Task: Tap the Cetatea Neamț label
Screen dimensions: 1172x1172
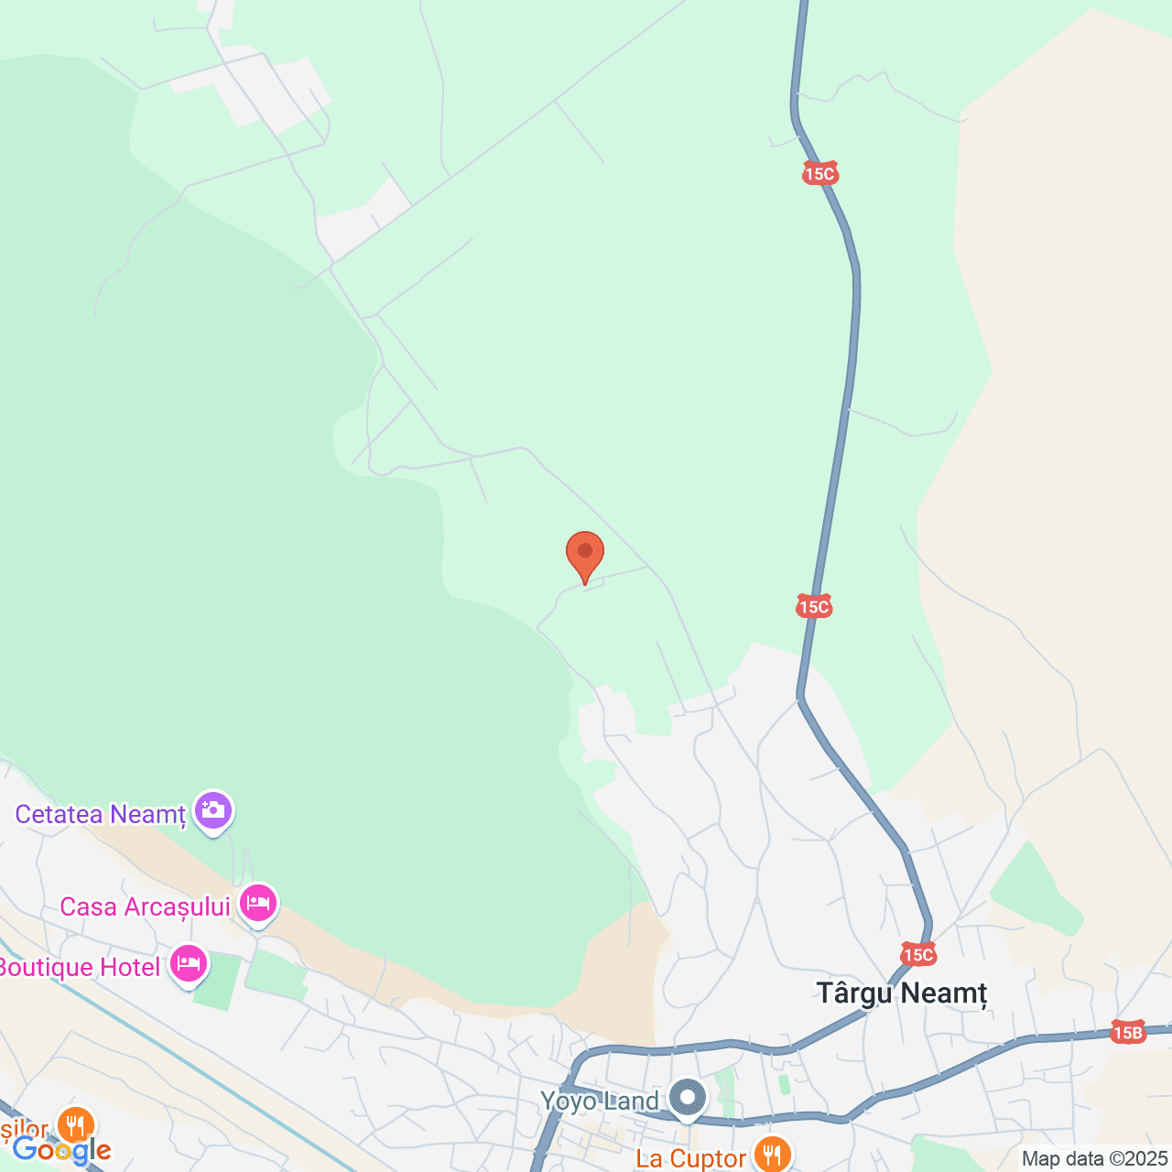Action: [x=101, y=814]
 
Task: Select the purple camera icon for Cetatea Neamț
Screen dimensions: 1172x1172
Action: [x=213, y=810]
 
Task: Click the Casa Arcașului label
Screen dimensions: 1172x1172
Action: [x=145, y=906]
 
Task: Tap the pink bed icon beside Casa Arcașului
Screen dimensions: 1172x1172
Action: [x=258, y=904]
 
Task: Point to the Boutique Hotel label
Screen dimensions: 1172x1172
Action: [x=80, y=967]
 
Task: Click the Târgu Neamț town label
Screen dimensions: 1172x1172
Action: [x=902, y=993]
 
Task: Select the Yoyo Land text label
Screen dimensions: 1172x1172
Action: [x=600, y=1101]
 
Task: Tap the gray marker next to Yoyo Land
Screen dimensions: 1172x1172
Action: [x=687, y=1097]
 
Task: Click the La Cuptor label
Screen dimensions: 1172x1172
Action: [x=691, y=1158]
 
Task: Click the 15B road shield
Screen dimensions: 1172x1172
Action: [x=1128, y=1033]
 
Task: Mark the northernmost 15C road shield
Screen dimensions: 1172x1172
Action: [x=820, y=173]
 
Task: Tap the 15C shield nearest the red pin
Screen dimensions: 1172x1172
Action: [x=814, y=606]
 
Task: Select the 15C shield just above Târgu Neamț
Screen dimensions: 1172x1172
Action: [x=918, y=955]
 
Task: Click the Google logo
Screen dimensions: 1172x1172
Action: [x=61, y=1150]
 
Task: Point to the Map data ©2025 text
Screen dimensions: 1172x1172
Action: [x=1095, y=1159]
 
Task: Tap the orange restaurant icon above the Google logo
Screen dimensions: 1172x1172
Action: [x=75, y=1124]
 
